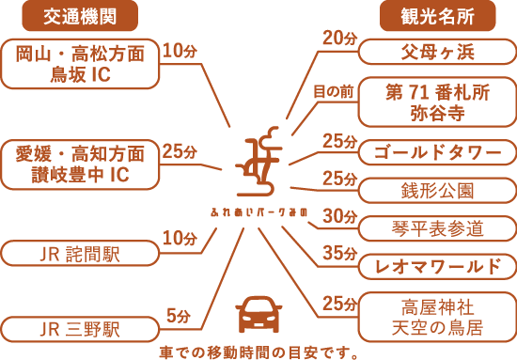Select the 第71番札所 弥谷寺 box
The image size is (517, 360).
(437, 102)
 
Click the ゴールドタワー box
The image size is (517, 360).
(437, 151)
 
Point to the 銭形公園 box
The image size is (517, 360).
(437, 190)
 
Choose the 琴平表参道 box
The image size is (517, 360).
(437, 228)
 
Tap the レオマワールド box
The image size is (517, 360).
(437, 267)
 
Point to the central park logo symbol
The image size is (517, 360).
(260, 160)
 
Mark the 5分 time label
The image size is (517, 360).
(179, 316)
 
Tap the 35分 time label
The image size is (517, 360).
(336, 254)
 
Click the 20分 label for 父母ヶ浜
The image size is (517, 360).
(336, 39)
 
